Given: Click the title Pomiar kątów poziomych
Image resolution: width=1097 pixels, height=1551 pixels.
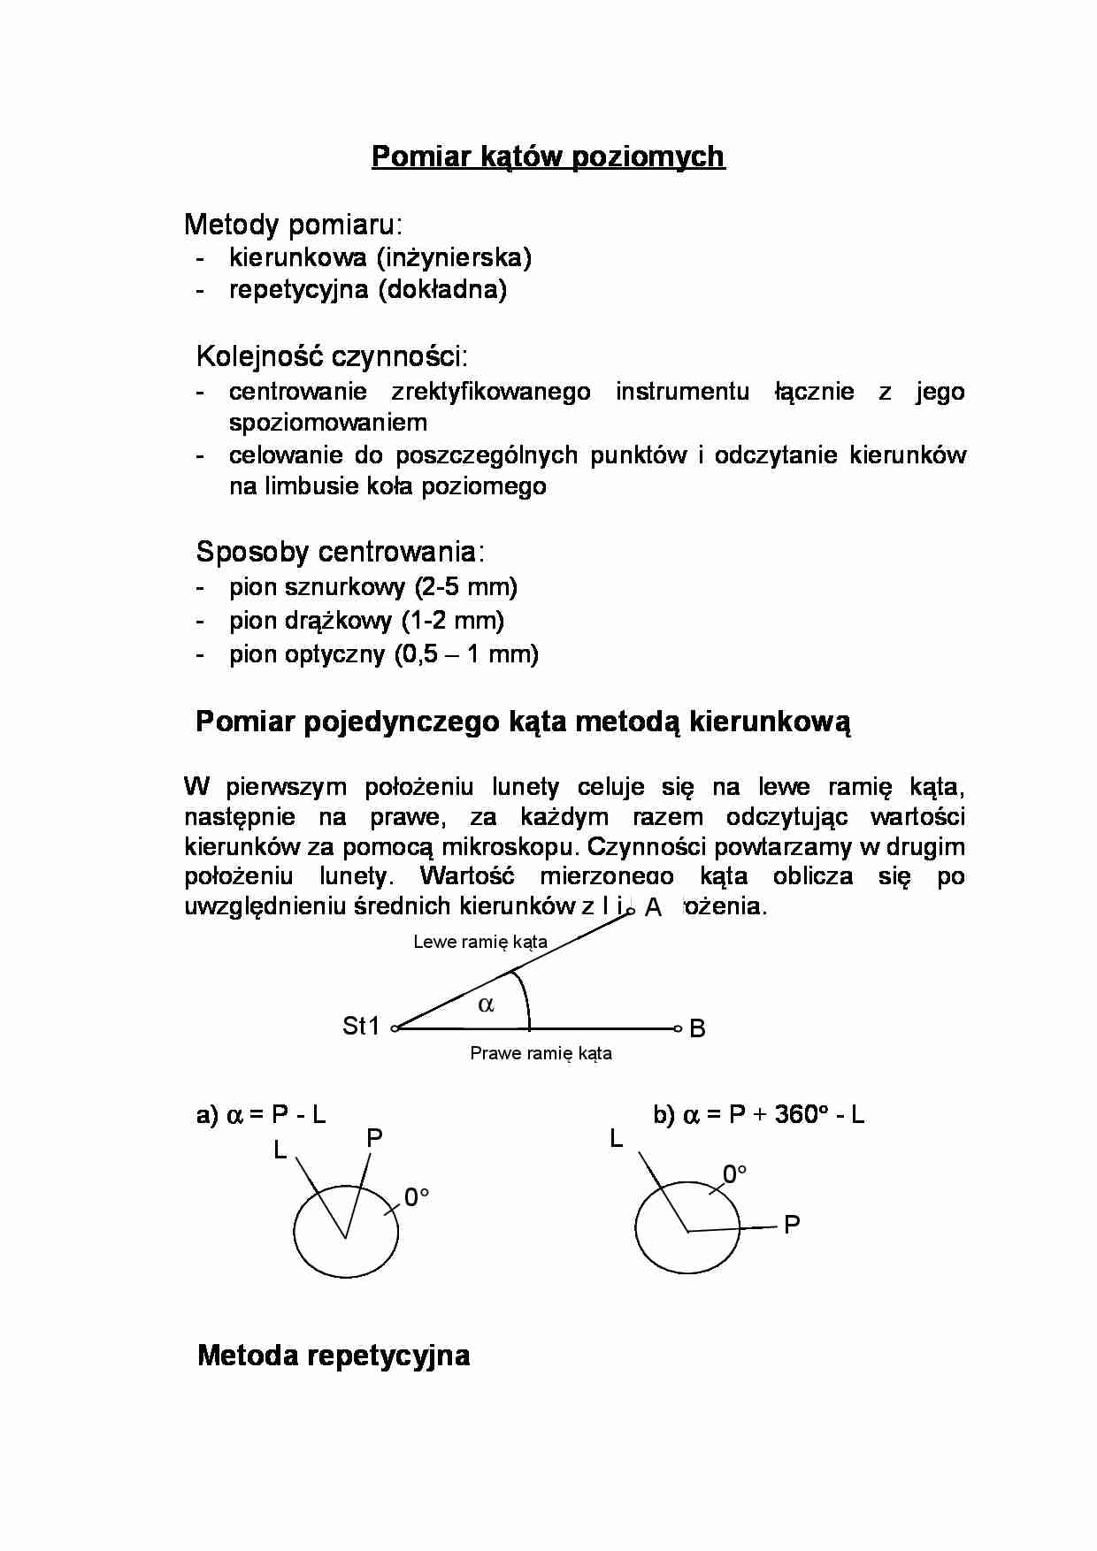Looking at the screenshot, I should pos(548,157).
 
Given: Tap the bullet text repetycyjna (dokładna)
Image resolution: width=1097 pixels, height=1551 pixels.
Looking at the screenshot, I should pos(367,290).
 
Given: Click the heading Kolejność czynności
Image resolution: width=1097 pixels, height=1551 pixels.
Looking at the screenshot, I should pos(332,357).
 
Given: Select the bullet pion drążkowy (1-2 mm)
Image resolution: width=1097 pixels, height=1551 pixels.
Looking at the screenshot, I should pos(366,621).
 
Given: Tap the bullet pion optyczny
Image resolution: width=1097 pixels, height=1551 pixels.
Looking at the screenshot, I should pos(383,654).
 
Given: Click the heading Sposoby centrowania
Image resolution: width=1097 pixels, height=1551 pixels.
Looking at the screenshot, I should pos(340,553).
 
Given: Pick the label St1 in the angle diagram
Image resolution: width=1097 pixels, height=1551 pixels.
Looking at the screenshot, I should pos(361,1027).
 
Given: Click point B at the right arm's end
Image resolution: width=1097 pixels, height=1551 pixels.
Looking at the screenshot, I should pos(697,1029).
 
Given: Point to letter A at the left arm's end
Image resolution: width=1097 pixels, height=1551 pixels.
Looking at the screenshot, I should pos(654,908).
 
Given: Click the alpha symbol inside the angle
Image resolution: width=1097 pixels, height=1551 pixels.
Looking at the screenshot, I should pos(486,1005).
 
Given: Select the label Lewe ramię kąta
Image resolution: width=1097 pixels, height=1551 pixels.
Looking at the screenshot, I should pos(480,943).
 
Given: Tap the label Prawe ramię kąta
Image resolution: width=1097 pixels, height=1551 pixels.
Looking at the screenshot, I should pos(541,1054).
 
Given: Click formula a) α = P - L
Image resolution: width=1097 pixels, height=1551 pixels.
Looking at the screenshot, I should pos(261,1115).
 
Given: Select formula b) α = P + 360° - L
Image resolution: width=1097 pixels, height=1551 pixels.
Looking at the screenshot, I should pos(758,1115).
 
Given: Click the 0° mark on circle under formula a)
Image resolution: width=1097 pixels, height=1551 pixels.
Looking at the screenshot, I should pos(416,1198).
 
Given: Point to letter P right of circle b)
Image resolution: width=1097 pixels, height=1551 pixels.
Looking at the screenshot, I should pos(792,1225).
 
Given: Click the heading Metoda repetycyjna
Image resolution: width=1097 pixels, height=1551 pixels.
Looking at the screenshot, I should pos(334,1356).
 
